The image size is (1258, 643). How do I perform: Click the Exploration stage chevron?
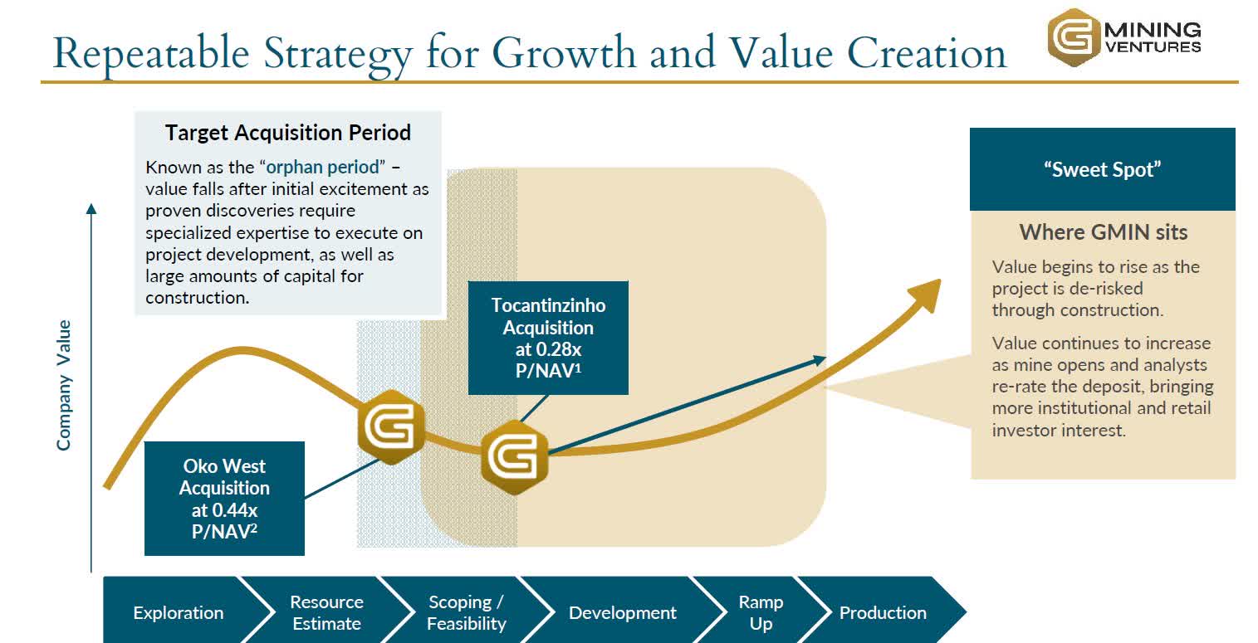(x=178, y=612)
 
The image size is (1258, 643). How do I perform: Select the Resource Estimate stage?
(x=326, y=612)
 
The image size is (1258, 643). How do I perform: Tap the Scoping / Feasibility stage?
(x=466, y=612)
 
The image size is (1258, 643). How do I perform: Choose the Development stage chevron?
(x=622, y=612)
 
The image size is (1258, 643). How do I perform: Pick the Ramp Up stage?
(x=761, y=612)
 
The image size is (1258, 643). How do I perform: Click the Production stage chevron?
(x=882, y=612)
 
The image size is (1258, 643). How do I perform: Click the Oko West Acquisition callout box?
(x=224, y=498)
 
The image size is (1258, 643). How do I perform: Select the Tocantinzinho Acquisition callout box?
(x=548, y=338)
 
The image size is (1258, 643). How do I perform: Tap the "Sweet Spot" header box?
(x=1102, y=169)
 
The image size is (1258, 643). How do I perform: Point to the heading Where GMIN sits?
(x=1103, y=232)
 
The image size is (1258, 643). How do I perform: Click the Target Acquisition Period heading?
(x=287, y=133)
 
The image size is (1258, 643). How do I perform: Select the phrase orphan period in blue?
(x=326, y=168)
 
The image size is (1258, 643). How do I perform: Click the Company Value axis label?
(x=64, y=385)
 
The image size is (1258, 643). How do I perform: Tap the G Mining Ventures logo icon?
(x=1074, y=37)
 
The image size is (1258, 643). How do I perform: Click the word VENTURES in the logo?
(x=1153, y=46)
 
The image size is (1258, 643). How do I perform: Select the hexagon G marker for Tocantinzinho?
(x=515, y=455)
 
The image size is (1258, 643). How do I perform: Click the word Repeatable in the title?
(x=149, y=53)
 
